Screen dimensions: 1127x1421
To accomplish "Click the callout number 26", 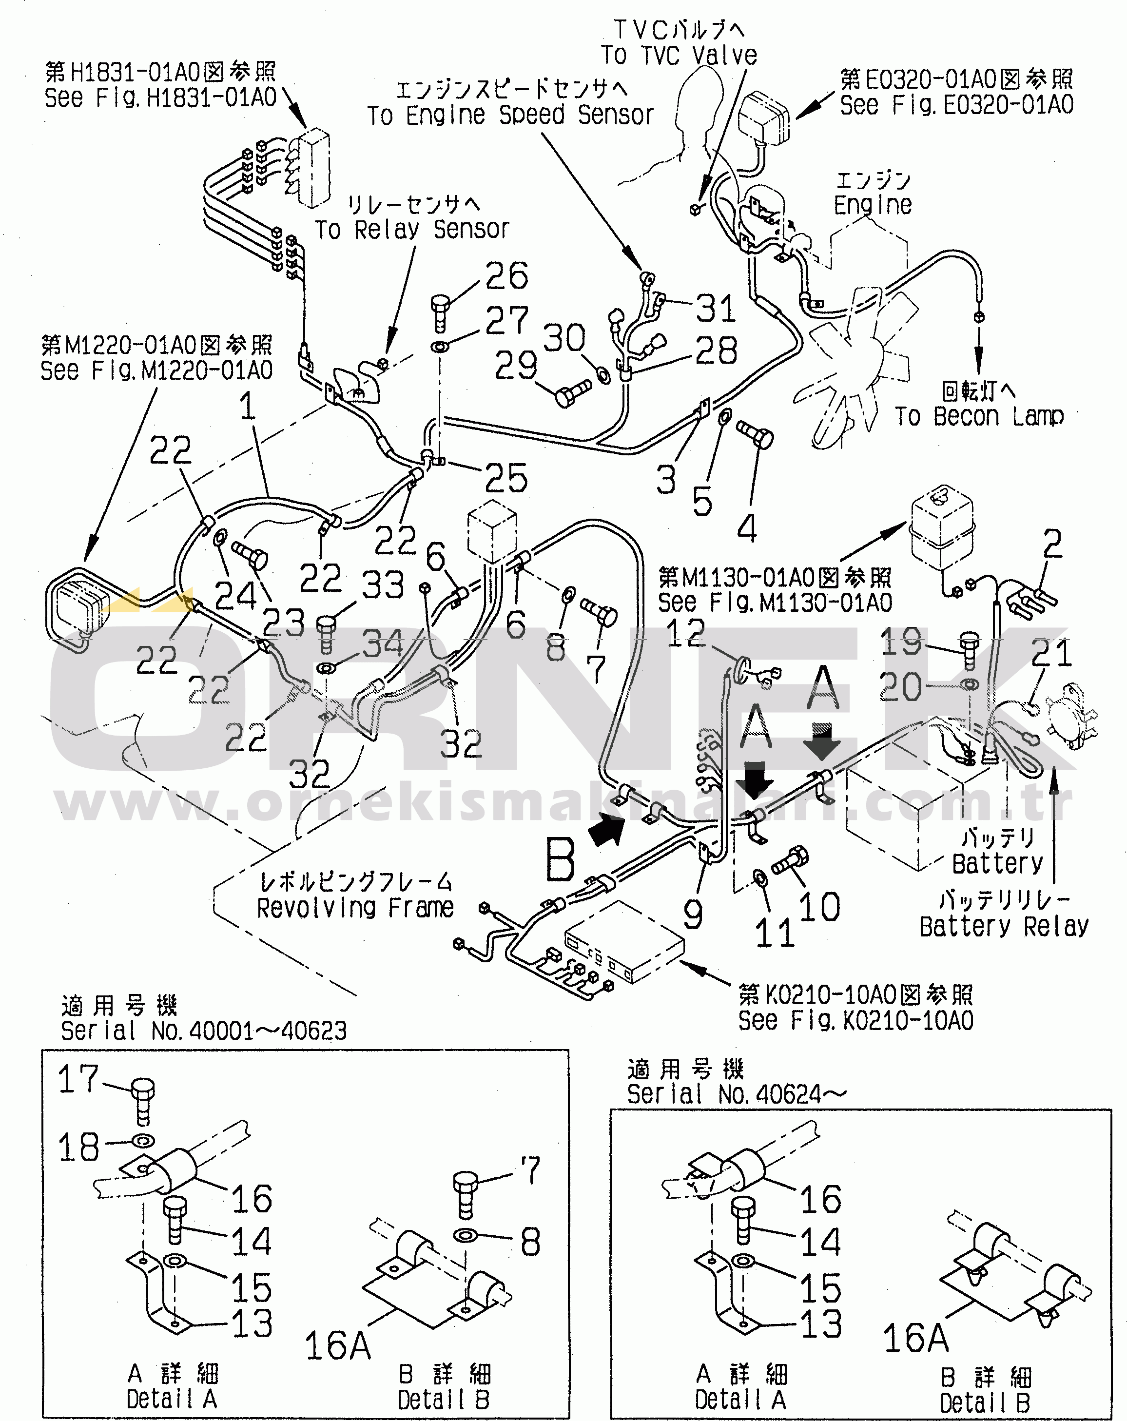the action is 506,275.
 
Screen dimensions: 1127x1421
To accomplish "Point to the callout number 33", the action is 383,584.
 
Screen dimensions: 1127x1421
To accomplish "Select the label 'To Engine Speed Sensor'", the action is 510,115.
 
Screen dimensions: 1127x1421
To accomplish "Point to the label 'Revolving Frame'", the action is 355,908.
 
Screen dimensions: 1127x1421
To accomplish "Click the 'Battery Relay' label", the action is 1004,927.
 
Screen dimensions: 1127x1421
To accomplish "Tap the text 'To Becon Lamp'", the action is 979,416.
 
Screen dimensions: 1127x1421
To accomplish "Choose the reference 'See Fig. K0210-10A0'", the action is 855,1021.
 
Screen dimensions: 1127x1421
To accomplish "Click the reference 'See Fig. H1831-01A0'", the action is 160,97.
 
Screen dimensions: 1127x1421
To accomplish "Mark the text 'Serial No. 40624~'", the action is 736,1095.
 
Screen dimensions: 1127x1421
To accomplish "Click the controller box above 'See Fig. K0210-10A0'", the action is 623,942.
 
